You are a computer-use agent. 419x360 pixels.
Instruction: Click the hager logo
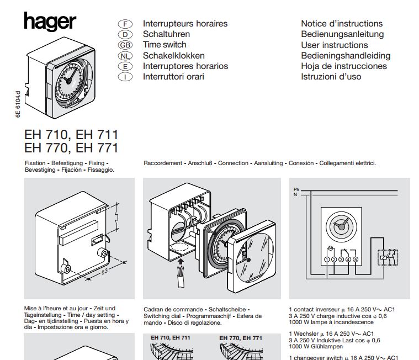50,22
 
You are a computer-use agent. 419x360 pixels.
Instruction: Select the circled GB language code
125,45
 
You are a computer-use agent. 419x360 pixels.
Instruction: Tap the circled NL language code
125,56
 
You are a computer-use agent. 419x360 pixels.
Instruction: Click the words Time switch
165,45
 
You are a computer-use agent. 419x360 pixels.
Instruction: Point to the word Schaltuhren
167,34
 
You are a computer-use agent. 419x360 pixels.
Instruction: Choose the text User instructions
335,45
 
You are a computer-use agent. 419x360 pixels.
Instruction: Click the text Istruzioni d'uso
331,77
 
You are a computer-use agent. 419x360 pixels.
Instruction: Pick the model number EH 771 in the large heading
97,148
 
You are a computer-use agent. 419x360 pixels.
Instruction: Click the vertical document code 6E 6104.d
18,104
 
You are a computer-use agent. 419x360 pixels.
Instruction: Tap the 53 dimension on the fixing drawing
104,272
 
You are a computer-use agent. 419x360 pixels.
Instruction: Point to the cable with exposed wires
181,276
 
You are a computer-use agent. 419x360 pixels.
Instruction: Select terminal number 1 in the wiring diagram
327,260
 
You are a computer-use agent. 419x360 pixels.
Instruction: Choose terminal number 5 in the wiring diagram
356,260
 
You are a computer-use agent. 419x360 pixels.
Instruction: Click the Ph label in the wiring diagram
296,189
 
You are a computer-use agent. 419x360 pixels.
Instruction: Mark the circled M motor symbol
330,248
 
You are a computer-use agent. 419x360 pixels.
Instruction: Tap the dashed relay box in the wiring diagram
388,257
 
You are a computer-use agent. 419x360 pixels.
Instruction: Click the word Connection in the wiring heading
233,163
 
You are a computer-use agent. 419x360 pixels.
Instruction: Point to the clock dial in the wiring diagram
342,226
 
